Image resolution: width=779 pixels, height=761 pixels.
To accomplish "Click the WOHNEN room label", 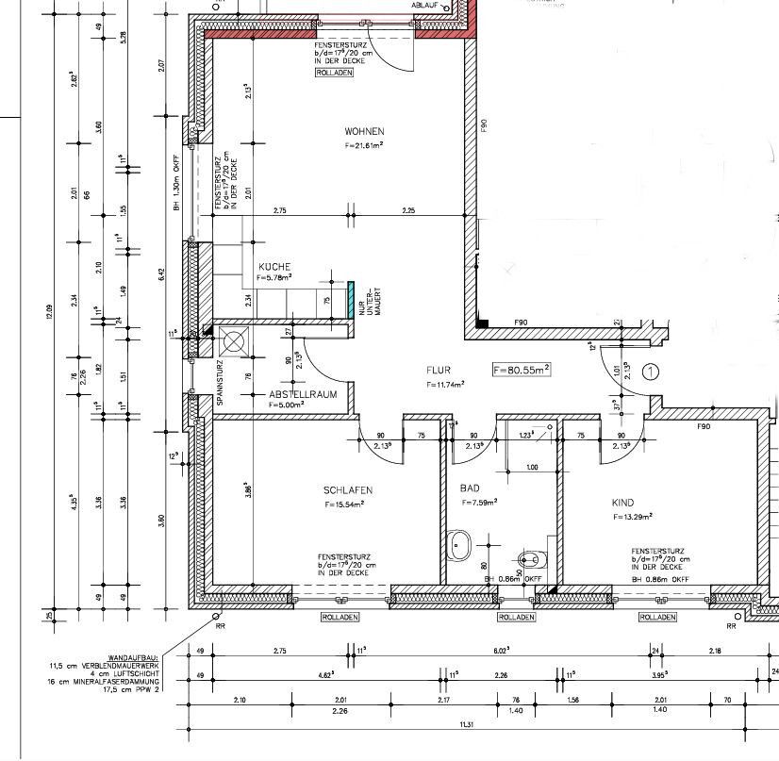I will pyautogui.click(x=364, y=131).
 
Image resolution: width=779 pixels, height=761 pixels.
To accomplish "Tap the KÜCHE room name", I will pyautogui.click(x=274, y=267).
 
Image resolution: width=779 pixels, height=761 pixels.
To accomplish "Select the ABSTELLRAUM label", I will pyautogui.click(x=300, y=394).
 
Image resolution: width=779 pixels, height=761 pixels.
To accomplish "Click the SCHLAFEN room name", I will pyautogui.click(x=347, y=490).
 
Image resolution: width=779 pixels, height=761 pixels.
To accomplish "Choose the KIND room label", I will pyautogui.click(x=622, y=503).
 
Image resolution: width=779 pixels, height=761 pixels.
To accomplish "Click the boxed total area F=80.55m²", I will pyautogui.click(x=521, y=371).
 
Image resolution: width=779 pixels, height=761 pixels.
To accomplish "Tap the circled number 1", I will pyautogui.click(x=650, y=372).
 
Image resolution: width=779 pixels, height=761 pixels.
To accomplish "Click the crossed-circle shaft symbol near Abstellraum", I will pyautogui.click(x=232, y=340).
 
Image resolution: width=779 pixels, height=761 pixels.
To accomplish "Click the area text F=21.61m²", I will pyautogui.click(x=363, y=146).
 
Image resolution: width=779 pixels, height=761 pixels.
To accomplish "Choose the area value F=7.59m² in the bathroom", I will pyautogui.click(x=478, y=503).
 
